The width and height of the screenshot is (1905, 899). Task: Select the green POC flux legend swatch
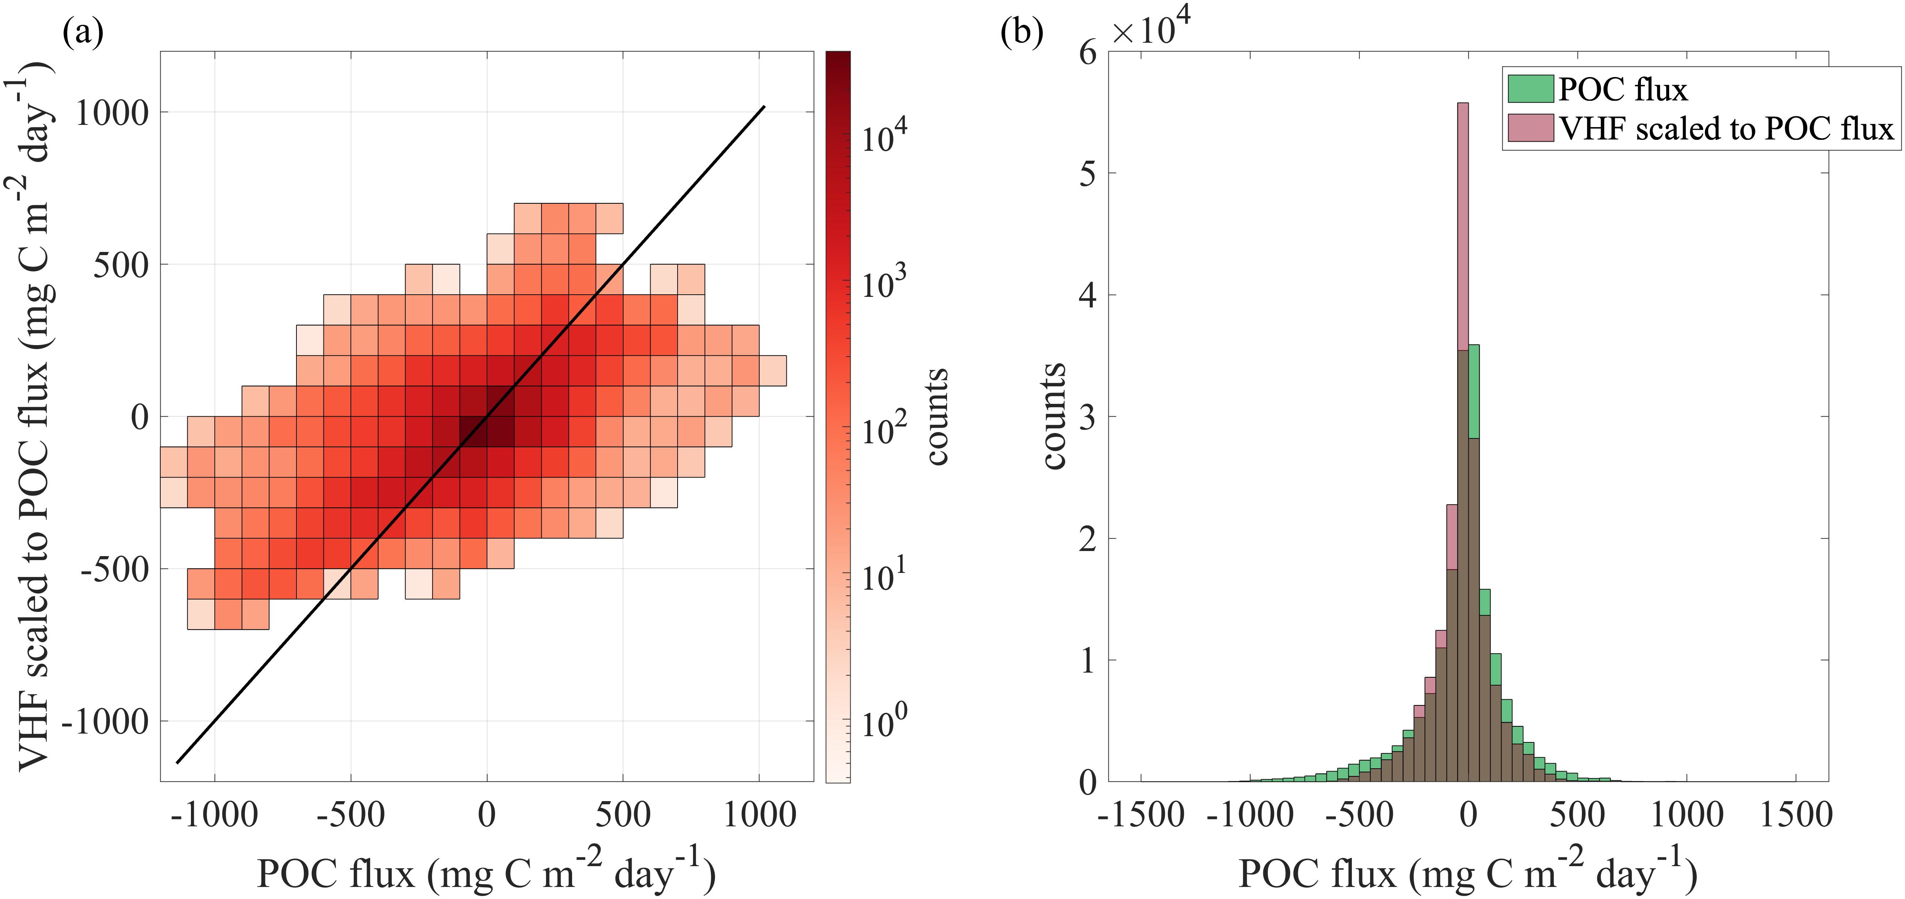coord(1529,89)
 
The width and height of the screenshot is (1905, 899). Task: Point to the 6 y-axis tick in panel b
coord(1087,53)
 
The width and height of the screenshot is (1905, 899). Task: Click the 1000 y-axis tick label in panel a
coord(112,113)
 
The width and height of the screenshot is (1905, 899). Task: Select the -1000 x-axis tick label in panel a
coord(214,815)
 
